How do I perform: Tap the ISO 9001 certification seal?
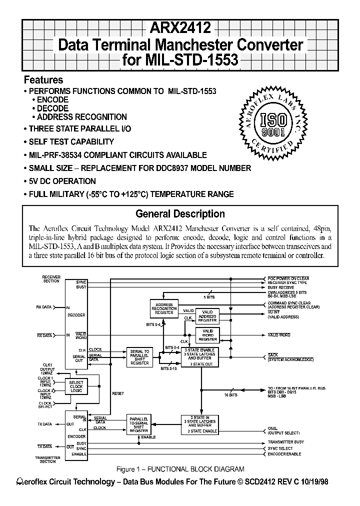point(272,120)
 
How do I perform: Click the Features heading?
point(43,80)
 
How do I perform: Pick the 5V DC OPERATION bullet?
point(62,181)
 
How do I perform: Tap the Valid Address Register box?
point(207,316)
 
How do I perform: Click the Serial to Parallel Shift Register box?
point(139,356)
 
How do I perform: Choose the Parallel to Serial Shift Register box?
point(139,423)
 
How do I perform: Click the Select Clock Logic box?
point(76,385)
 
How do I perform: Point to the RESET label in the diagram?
point(118,393)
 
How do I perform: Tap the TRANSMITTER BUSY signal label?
point(286,442)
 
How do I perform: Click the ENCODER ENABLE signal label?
point(284,454)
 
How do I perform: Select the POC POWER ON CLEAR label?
point(288,278)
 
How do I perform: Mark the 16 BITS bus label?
point(231,395)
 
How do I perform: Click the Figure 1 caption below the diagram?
point(179,469)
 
